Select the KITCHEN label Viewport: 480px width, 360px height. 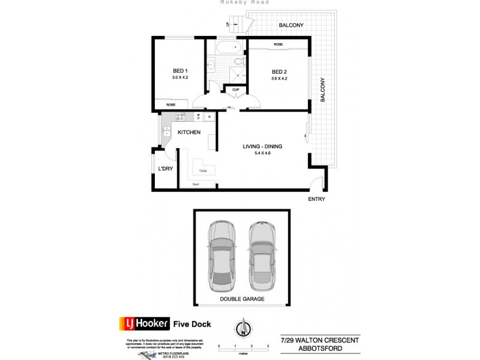pyautogui.click(x=189, y=133)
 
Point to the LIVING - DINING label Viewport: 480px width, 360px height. pyautogui.click(x=262, y=146)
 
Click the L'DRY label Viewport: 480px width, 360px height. pyautogui.click(x=165, y=169)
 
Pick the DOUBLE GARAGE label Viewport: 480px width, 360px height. pyautogui.click(x=242, y=298)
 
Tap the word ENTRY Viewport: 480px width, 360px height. pyautogui.click(x=316, y=199)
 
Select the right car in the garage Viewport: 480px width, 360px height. pyautogui.click(x=261, y=254)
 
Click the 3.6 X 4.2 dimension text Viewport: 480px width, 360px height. pyautogui.click(x=280, y=78)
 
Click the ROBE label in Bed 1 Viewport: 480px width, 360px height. pyautogui.click(x=170, y=104)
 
